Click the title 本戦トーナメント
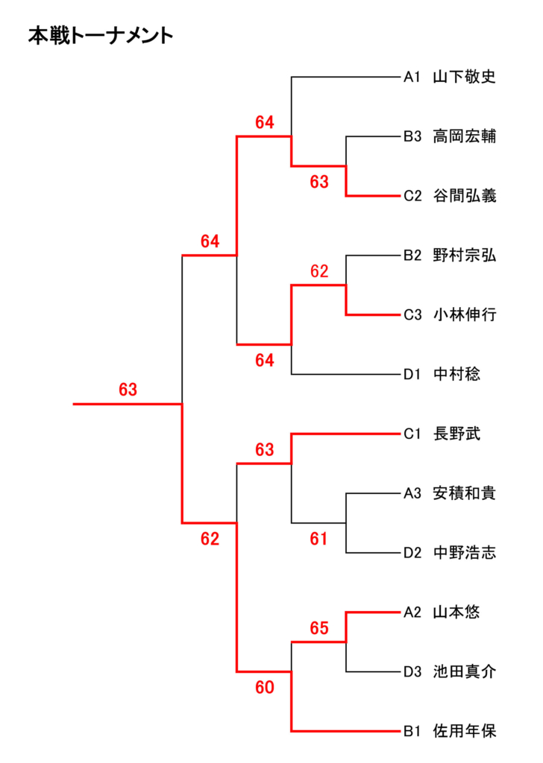[x=101, y=35]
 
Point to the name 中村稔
[x=456, y=375]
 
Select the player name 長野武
[x=456, y=434]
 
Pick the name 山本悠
[x=456, y=612]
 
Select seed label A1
[x=413, y=77]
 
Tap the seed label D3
[x=413, y=672]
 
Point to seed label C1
[x=413, y=434]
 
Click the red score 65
[x=319, y=629]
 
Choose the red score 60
[x=265, y=688]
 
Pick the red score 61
[x=319, y=539]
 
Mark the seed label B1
[x=413, y=732]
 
